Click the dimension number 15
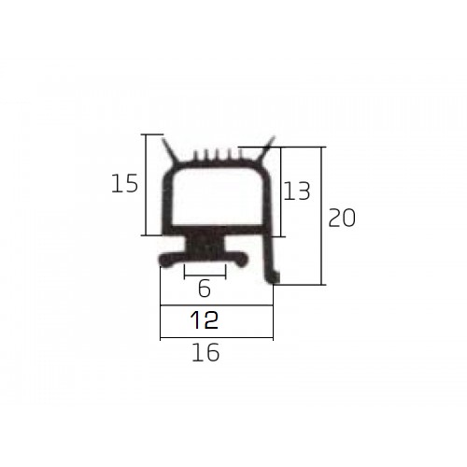pyautogui.click(x=124, y=183)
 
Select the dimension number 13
pyautogui.click(x=297, y=191)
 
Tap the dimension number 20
pyautogui.click(x=342, y=218)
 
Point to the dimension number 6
pyautogui.click(x=205, y=289)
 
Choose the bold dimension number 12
pyautogui.click(x=204, y=320)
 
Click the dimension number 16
pyautogui.click(x=205, y=352)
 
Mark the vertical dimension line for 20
pyautogui.click(x=321, y=216)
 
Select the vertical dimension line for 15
pyautogui.click(x=146, y=185)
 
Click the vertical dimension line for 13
pyautogui.click(x=281, y=191)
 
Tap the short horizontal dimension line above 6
pyautogui.click(x=205, y=276)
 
